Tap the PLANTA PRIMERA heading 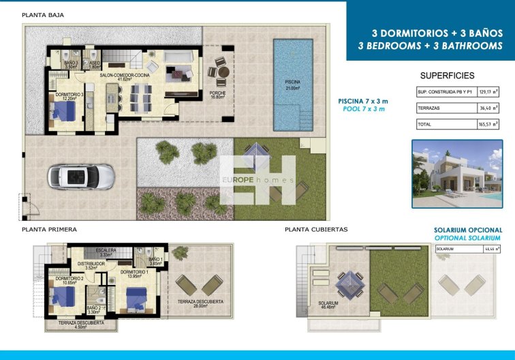click(49, 230)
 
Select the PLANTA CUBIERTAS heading click(316, 230)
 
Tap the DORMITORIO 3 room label click(69, 96)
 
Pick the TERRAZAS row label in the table click(430, 108)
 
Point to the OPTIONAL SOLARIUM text click(469, 239)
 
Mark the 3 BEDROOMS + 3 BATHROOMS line click(430, 46)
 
